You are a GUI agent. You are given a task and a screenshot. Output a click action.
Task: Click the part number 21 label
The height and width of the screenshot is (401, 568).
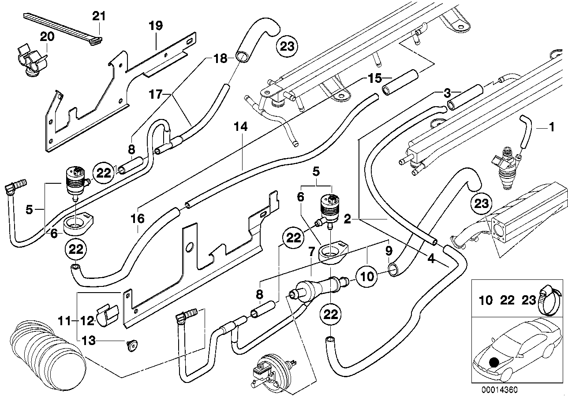99,16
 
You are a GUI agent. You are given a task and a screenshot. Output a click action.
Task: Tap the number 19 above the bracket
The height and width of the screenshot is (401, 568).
155,26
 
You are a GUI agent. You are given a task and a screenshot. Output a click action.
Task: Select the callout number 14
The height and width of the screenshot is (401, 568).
241,127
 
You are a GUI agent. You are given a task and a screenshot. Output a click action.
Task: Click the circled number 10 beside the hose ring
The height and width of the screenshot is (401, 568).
367,277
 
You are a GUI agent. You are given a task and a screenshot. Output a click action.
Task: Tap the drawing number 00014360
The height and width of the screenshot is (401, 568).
499,390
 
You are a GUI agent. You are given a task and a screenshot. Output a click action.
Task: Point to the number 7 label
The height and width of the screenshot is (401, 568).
311,252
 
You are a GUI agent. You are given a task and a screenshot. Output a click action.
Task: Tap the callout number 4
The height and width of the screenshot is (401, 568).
431,260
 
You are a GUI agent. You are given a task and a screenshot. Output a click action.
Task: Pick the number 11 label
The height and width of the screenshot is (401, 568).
65,321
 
